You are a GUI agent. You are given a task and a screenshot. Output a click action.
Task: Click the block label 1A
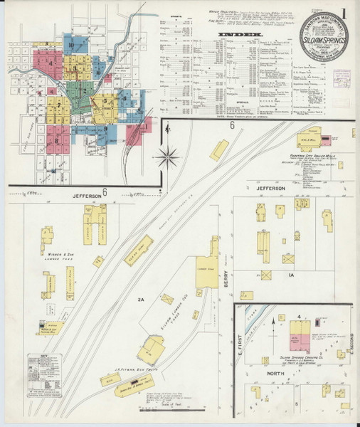tap(290, 274)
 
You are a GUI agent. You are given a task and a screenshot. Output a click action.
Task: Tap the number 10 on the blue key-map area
tap(72, 45)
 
